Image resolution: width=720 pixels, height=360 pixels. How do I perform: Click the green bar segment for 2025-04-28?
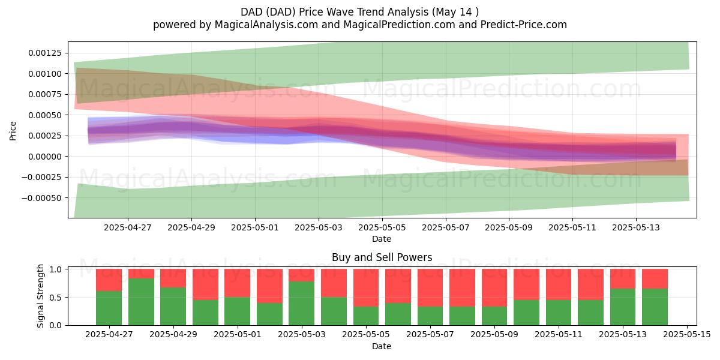tap(141, 302)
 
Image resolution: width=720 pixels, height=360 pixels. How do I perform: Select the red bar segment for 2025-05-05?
tap(366, 287)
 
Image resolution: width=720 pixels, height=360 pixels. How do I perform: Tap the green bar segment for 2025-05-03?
tap(301, 304)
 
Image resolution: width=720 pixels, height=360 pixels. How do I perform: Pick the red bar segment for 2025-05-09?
tap(494, 287)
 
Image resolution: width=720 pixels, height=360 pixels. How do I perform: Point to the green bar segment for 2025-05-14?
tap(655, 307)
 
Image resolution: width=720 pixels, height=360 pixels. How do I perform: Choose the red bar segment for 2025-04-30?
tap(205, 284)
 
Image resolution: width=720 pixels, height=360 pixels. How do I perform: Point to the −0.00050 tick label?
tap(41, 198)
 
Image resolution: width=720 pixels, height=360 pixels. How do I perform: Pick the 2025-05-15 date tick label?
tap(687, 335)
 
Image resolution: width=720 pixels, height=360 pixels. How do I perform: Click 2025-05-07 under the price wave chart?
tap(445, 227)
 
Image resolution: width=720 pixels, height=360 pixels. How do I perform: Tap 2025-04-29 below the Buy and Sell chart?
tap(173, 335)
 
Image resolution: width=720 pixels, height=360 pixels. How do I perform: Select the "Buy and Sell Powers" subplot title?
tap(382, 257)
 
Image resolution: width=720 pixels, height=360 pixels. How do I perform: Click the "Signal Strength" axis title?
tap(41, 296)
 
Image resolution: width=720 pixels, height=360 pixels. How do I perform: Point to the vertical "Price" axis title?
tap(13, 131)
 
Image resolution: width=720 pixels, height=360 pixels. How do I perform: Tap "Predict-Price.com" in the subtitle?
tap(524, 25)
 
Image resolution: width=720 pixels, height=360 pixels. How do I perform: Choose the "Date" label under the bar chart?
tap(382, 346)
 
